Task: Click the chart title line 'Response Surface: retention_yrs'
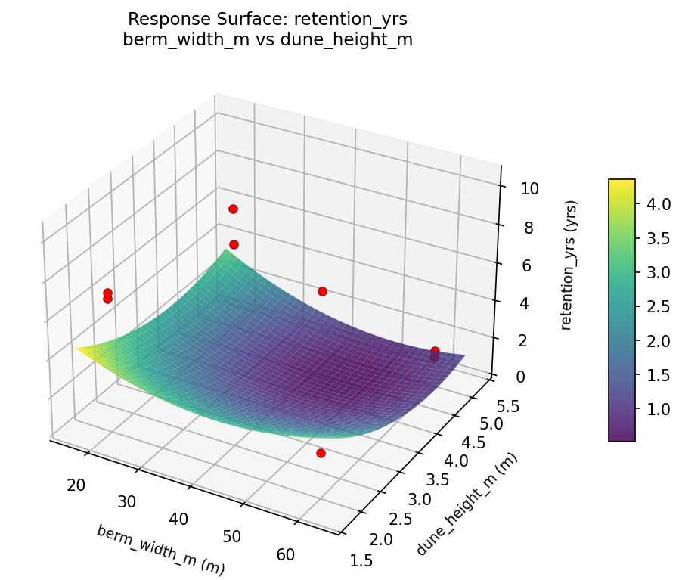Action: [x=267, y=19]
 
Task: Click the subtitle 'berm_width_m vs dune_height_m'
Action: [x=267, y=40]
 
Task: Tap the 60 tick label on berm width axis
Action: [x=286, y=554]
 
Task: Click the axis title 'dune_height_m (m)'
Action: [x=467, y=504]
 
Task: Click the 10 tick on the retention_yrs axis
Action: [x=529, y=189]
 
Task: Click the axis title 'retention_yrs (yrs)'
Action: [x=572, y=265]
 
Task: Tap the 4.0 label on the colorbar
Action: [x=659, y=203]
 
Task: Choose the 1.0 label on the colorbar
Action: [x=659, y=409]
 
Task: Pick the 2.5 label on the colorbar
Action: [x=659, y=306]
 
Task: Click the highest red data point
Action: [x=233, y=209]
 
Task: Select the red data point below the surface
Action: [x=321, y=453]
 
